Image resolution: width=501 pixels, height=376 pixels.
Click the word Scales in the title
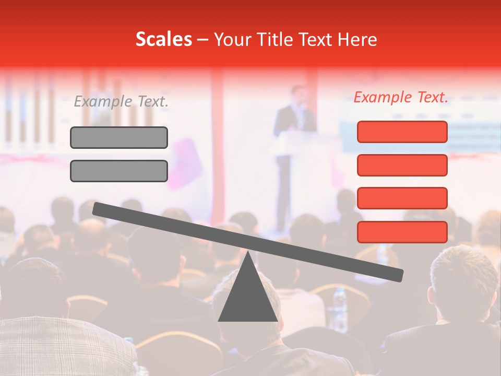[163, 40]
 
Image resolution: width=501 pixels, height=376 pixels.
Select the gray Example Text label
[121, 102]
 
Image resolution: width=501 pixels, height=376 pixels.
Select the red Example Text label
[401, 97]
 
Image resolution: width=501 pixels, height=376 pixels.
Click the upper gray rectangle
[119, 138]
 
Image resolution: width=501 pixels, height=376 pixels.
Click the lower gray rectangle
[119, 171]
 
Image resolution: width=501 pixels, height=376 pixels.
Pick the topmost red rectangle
[402, 132]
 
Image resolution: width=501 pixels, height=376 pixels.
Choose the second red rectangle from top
[402, 165]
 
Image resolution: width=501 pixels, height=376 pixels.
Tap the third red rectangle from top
[402, 198]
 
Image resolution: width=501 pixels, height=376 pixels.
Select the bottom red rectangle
[402, 232]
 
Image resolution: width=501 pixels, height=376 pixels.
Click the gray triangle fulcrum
[247, 298]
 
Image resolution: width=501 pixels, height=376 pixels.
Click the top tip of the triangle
[248, 253]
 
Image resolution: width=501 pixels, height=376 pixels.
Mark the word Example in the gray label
[103, 102]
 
